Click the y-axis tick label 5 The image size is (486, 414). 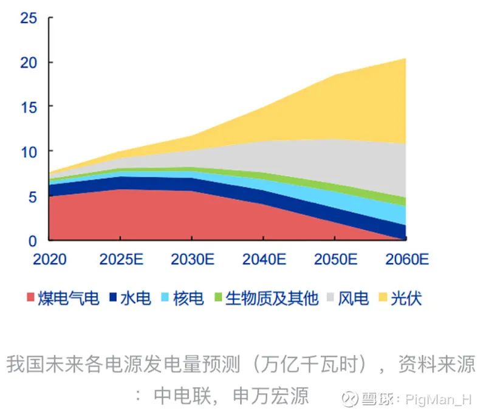[x=34, y=196]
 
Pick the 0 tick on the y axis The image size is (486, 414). [x=34, y=240]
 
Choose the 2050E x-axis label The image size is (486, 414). [x=335, y=260]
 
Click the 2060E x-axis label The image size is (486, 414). [x=406, y=260]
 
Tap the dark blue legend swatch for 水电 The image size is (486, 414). [x=113, y=298]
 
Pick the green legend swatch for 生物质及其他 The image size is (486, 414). [x=218, y=298]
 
